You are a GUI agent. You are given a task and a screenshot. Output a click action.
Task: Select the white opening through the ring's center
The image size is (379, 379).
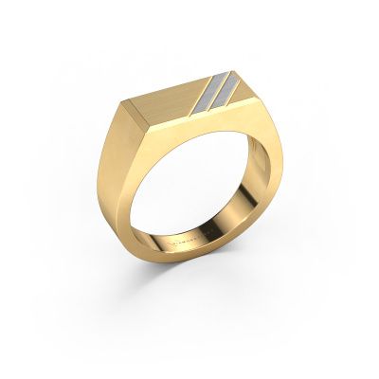tap(189, 189)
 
